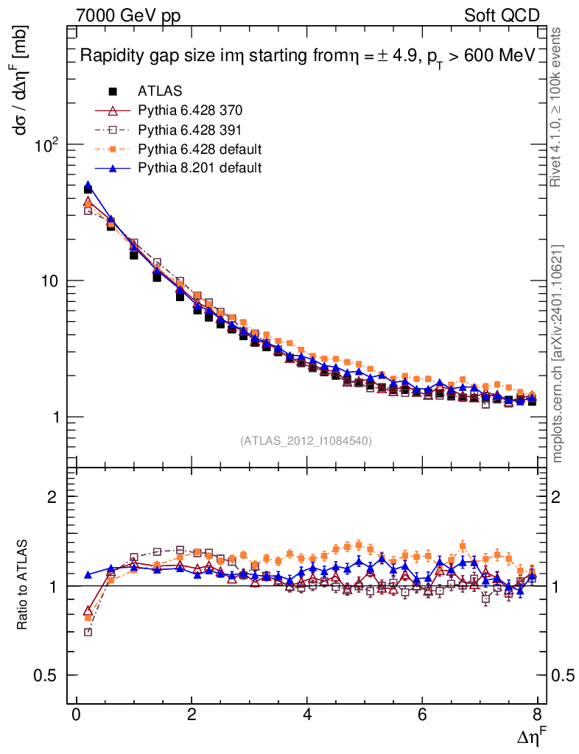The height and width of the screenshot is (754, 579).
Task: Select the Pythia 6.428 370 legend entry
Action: pos(190,110)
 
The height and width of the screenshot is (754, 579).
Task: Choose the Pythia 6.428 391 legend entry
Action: pos(190,130)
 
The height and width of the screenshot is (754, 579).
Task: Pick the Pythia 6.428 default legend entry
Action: pos(200,149)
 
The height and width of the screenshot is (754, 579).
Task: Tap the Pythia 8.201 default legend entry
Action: pos(200,168)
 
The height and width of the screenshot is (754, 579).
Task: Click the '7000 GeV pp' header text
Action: pos(128,15)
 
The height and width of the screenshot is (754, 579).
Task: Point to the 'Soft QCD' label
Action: pos(502,15)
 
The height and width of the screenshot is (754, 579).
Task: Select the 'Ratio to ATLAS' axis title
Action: pos(23,585)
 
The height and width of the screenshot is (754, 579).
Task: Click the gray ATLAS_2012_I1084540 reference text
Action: pos(306,441)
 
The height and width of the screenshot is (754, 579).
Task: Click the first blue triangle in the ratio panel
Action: pos(88,574)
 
